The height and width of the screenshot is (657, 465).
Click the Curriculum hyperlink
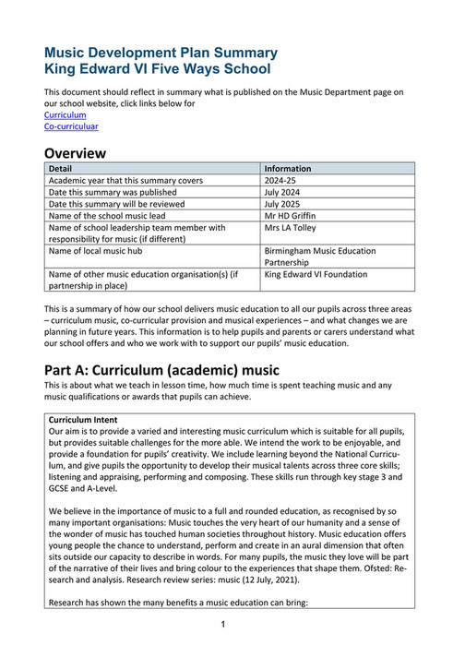tap(66, 115)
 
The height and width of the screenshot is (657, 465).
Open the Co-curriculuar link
tap(71, 126)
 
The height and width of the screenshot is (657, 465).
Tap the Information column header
tap(287, 169)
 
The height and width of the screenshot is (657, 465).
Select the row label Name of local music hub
tap(102, 250)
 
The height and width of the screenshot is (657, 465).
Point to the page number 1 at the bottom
tap(223, 625)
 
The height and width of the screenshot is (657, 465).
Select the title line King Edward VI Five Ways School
tap(158, 69)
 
